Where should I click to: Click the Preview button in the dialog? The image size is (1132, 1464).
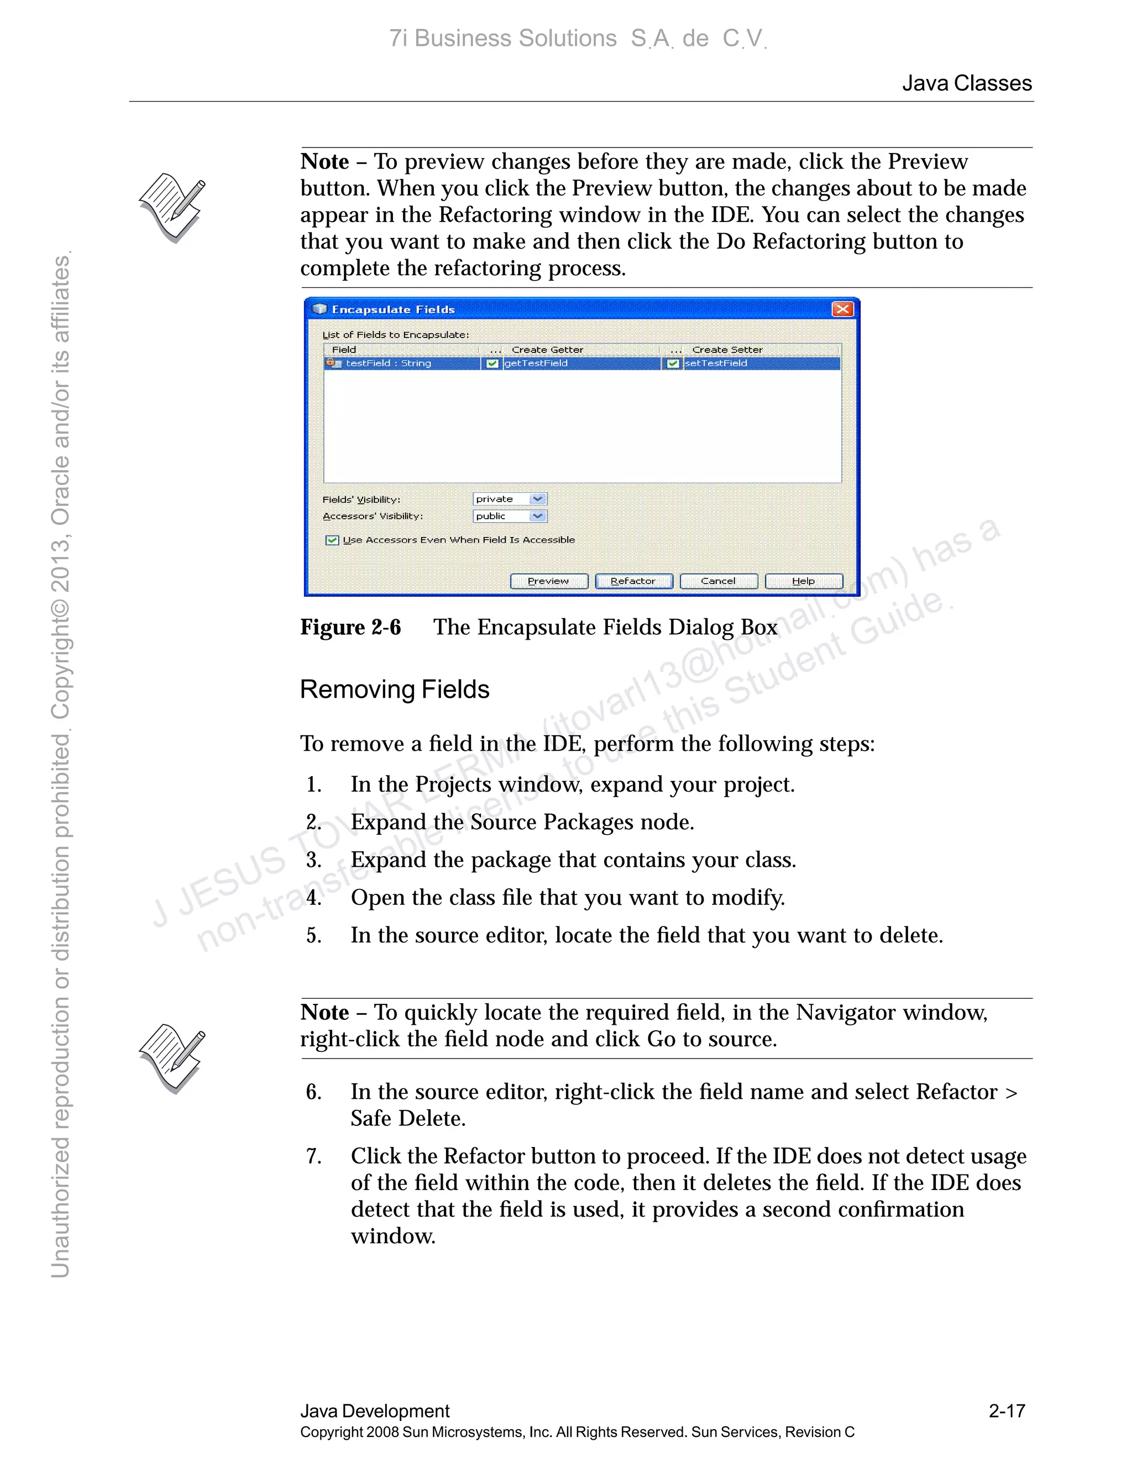pos(548,581)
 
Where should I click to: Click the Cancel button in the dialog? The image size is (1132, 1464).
pos(718,581)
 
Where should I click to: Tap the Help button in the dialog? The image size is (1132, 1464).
pos(803,581)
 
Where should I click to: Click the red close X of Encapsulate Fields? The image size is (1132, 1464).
pos(842,309)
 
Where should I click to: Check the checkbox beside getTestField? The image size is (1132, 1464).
pos(493,364)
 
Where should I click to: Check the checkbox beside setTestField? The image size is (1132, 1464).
pos(673,364)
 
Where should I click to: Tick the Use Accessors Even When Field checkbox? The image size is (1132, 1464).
pos(332,540)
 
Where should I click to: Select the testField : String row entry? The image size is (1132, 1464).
pos(388,364)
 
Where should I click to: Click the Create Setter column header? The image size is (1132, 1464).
pos(727,350)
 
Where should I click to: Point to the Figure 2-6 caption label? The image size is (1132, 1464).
pos(350,628)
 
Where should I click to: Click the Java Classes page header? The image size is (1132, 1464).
pos(966,83)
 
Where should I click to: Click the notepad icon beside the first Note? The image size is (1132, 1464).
pos(172,208)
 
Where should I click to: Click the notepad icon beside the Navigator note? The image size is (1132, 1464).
pos(172,1058)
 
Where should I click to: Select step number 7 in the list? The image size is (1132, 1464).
pos(313,1156)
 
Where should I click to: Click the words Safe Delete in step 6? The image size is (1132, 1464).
pos(408,1119)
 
